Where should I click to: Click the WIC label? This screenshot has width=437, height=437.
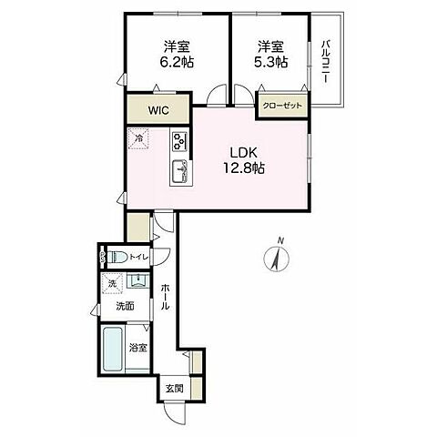[x=158, y=110]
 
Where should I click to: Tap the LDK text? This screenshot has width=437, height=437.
[x=244, y=153]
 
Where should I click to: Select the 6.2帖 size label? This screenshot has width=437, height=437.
[x=177, y=63]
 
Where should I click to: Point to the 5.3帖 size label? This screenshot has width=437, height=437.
[x=270, y=63]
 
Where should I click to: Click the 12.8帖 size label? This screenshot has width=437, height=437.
[x=244, y=168]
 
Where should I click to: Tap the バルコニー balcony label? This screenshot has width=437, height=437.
[x=325, y=61]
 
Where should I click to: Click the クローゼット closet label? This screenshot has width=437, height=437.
[x=282, y=106]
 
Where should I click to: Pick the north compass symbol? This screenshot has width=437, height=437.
[x=277, y=257]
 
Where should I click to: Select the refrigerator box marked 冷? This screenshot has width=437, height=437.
[x=138, y=139]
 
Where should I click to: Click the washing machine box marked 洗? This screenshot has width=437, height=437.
[x=112, y=284]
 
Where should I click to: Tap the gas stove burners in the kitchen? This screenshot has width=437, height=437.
[x=179, y=142]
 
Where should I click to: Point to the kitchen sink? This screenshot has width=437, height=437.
[x=180, y=172]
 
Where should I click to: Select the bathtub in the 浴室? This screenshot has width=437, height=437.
[x=113, y=349]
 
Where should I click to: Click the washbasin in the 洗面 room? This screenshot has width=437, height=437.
[x=137, y=280]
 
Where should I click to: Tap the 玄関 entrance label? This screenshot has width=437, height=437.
[x=175, y=388]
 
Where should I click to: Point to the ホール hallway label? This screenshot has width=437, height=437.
[x=165, y=297]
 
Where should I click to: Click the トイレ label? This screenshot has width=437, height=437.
[x=138, y=258]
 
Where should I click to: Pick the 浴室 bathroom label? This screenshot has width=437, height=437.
[x=138, y=348]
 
